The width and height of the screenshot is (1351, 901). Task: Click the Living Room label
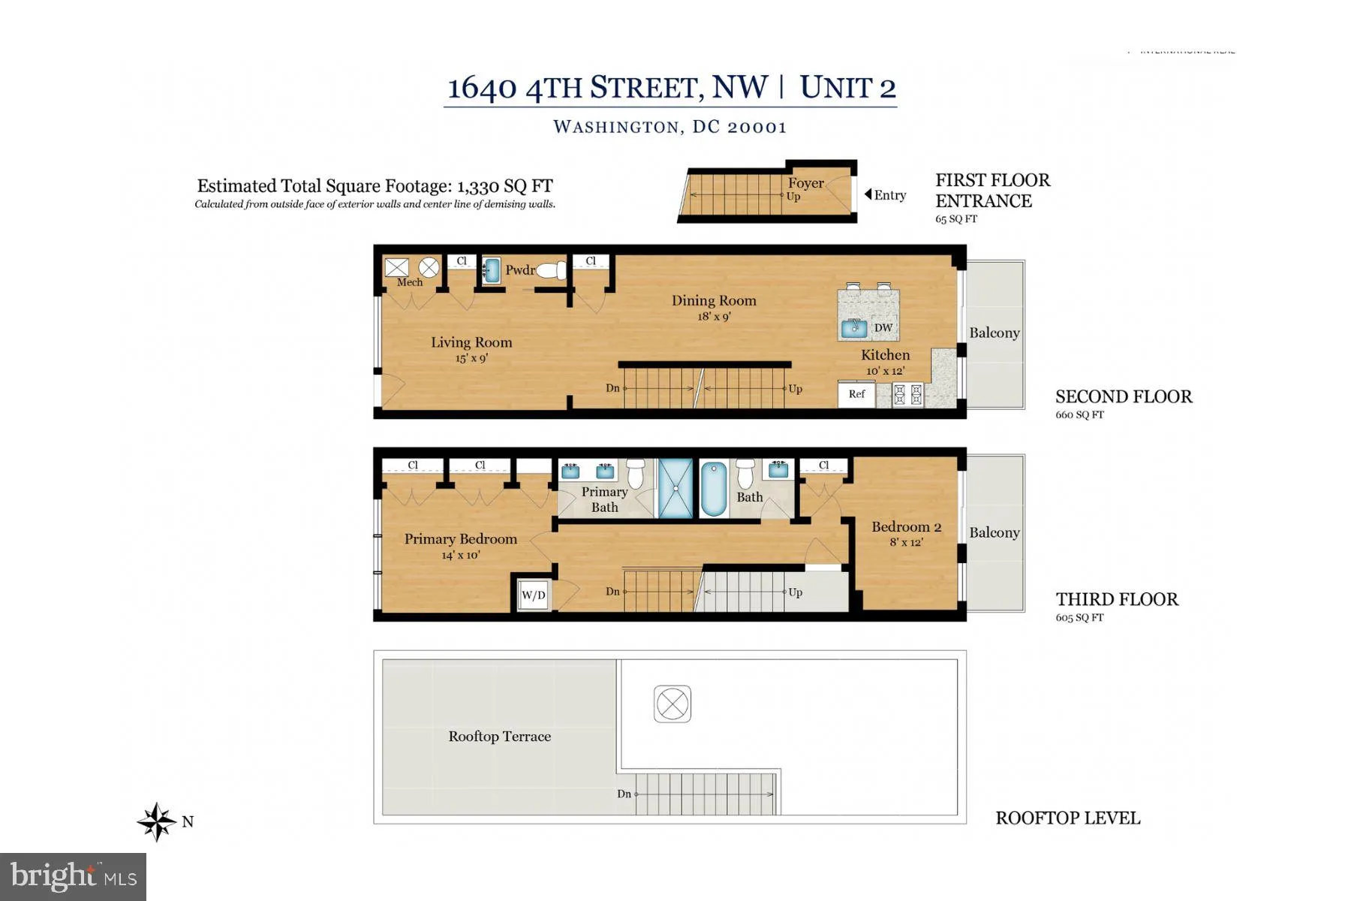(x=471, y=342)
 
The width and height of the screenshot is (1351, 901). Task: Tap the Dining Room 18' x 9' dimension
(x=714, y=317)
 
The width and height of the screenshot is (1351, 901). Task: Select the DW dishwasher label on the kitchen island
(x=883, y=327)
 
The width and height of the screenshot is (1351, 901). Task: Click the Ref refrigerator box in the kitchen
(x=856, y=394)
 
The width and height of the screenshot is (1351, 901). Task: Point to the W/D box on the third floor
(x=534, y=595)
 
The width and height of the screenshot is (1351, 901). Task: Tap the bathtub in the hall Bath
(x=713, y=488)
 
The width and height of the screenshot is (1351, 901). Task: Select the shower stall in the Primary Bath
(x=675, y=488)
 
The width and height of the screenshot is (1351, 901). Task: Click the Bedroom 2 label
(x=906, y=527)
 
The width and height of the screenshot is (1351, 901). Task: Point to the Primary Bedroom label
(x=460, y=539)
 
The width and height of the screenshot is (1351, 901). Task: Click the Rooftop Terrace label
(x=499, y=737)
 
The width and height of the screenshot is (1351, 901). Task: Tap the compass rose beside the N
(x=157, y=821)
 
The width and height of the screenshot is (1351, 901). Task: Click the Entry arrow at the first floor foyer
(x=868, y=194)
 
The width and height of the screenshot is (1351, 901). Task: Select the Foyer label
(x=805, y=183)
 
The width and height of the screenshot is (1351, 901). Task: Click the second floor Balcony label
(x=994, y=333)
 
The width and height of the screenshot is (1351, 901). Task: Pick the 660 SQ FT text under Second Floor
(x=1079, y=414)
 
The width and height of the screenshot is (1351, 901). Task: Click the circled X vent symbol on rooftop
(x=672, y=704)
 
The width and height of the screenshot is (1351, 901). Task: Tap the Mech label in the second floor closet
(x=410, y=282)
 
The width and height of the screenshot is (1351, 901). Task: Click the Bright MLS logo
(x=73, y=876)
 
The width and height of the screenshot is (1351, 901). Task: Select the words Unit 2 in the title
(x=847, y=88)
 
